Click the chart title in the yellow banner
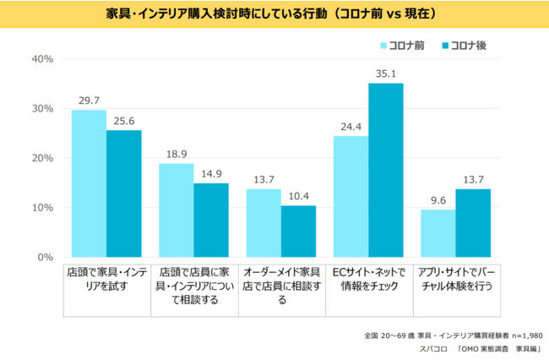tap(274, 14)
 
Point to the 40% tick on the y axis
tap(42, 59)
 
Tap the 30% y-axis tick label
tap(42, 109)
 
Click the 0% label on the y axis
tap(46, 257)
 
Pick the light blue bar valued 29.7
tap(89, 183)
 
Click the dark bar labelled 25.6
tap(123, 194)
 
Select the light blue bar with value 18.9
tap(176, 210)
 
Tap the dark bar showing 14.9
tap(211, 220)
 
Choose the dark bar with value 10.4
tap(298, 232)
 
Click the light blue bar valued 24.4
tap(351, 197)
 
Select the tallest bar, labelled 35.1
tap(386, 170)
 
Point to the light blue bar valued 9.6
tap(438, 233)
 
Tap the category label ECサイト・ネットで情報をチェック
tap(368, 279)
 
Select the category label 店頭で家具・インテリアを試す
tap(106, 279)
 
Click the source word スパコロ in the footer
tap(434, 348)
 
